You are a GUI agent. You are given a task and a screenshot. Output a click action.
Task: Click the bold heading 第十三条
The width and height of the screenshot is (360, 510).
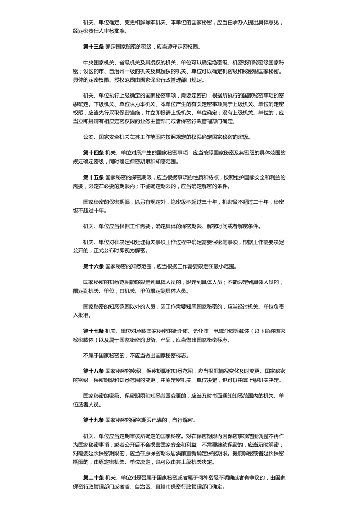pos(93,47)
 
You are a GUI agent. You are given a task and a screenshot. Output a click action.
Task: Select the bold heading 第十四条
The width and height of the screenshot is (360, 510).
pos(93,153)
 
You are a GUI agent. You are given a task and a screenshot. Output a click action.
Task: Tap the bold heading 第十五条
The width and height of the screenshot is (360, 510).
pos(93,177)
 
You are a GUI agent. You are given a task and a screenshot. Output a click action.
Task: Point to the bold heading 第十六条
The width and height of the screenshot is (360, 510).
pos(93,266)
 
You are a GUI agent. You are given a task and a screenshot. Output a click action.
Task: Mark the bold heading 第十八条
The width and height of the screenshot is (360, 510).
pos(93,371)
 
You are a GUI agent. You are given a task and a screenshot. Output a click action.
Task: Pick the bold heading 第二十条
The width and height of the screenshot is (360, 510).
pos(93,477)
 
